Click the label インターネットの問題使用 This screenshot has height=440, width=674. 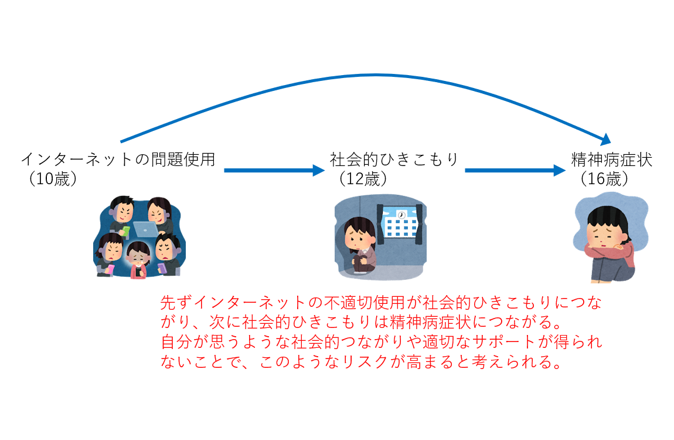point(118,160)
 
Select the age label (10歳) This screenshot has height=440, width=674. point(53,179)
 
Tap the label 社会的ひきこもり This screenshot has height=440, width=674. point(394,160)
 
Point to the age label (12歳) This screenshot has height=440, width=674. point(363,179)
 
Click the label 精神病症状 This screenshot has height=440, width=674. point(612,160)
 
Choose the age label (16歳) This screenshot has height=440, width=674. point(604,179)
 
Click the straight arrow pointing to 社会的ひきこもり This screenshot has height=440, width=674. point(274,170)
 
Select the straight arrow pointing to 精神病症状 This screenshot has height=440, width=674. point(515,170)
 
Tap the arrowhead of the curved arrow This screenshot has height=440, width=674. point(605,140)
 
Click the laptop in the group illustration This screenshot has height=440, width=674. point(145,229)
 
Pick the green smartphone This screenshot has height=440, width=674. point(125,231)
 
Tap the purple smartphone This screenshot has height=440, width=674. point(162,268)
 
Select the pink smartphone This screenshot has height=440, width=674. point(111,269)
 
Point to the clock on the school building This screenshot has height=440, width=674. point(401,215)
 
